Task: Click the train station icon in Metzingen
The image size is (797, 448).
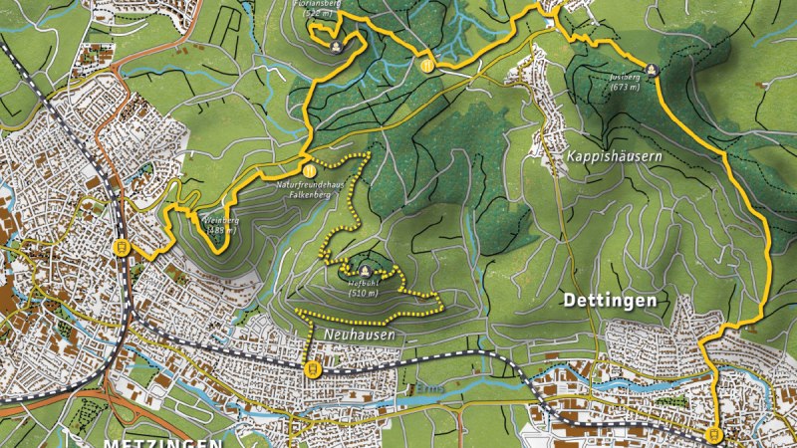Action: tap(122, 246)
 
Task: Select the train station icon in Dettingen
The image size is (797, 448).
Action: tap(713, 435)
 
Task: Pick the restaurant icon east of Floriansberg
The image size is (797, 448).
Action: tap(425, 66)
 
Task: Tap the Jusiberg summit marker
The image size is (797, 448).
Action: tap(652, 70)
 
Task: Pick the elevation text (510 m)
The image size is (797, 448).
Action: tap(364, 294)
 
